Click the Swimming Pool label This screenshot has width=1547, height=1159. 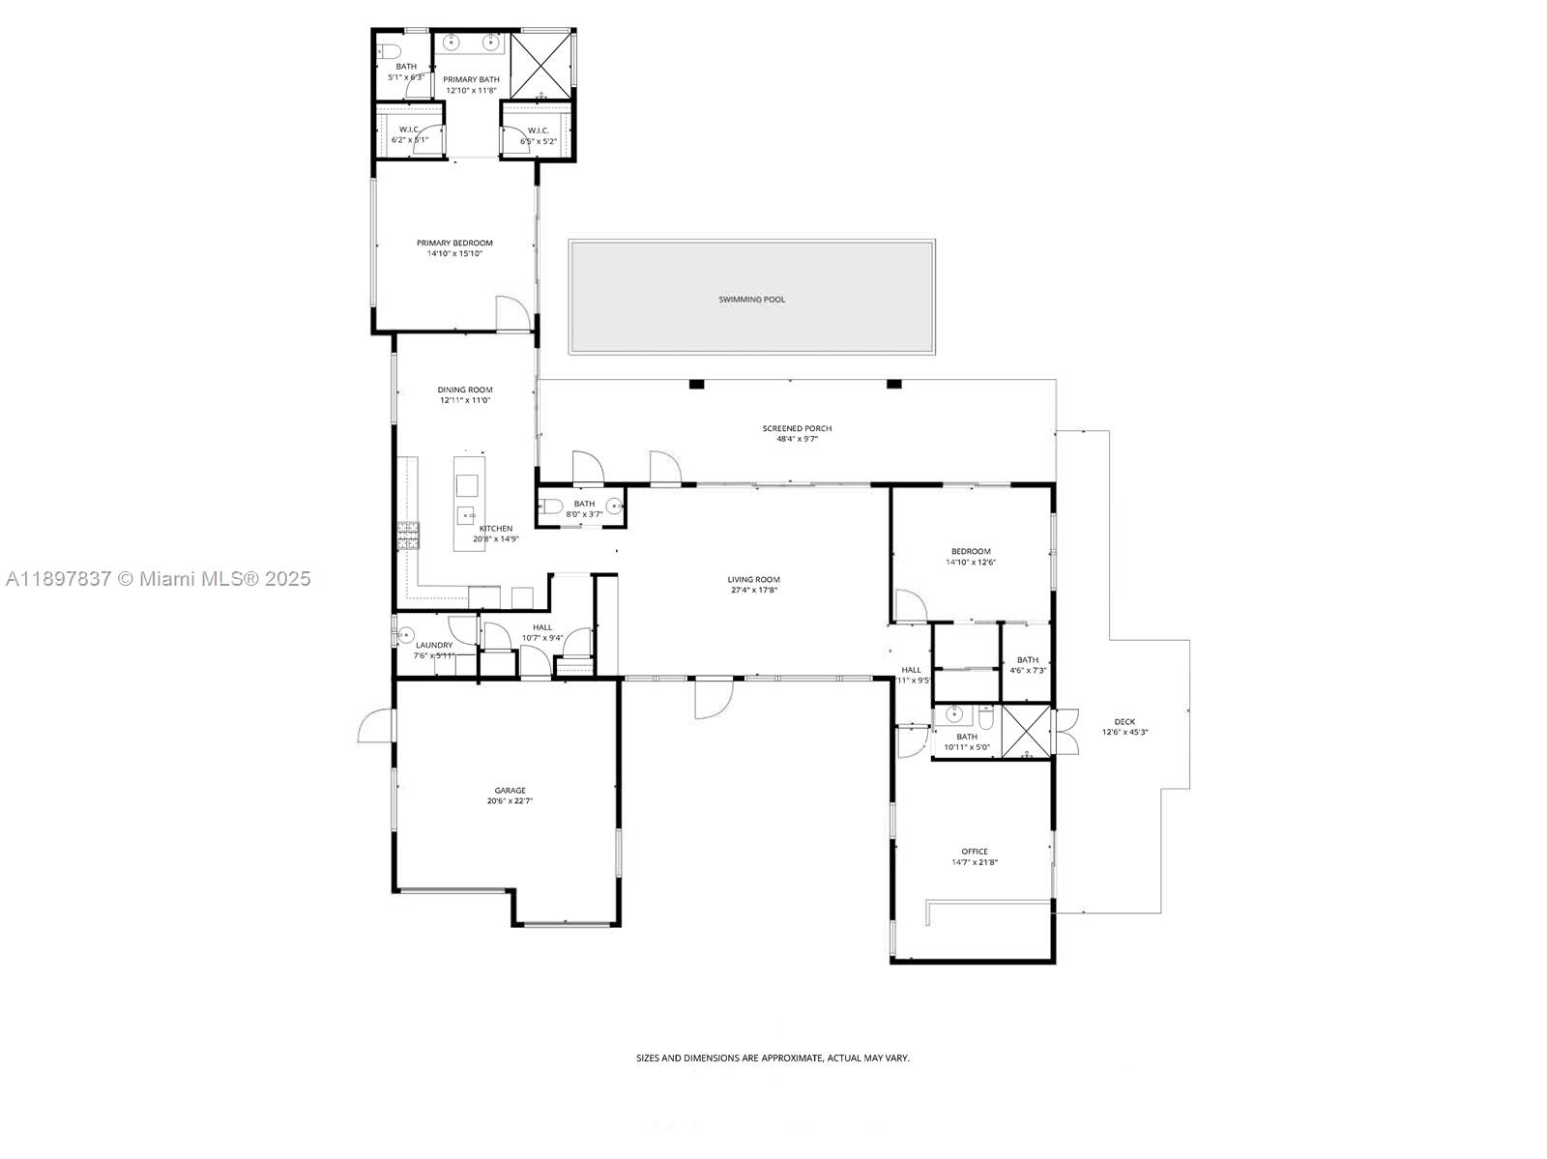click(751, 300)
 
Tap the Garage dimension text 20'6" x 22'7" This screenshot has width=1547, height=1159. click(510, 801)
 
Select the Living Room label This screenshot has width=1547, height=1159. click(753, 580)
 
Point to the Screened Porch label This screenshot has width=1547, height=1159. click(797, 428)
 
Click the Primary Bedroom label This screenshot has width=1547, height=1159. click(454, 243)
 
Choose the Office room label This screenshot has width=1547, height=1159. click(974, 852)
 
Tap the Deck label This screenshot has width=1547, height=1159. click(1124, 721)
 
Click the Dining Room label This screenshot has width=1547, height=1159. click(465, 390)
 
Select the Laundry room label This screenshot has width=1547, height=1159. click(434, 645)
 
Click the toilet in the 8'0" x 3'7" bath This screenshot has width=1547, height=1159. click(551, 506)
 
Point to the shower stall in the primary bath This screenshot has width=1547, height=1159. click(541, 65)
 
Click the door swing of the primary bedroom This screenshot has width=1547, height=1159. click(511, 314)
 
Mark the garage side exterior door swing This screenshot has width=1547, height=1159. click(377, 726)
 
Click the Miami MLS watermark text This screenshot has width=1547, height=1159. click(158, 579)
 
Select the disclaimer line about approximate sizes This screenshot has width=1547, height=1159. click(773, 1058)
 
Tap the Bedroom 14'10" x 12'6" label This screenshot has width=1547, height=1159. click(970, 551)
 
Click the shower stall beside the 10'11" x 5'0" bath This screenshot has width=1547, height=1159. click(1026, 732)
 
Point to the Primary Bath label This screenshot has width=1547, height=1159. click(471, 79)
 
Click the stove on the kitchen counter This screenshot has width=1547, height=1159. click(408, 535)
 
